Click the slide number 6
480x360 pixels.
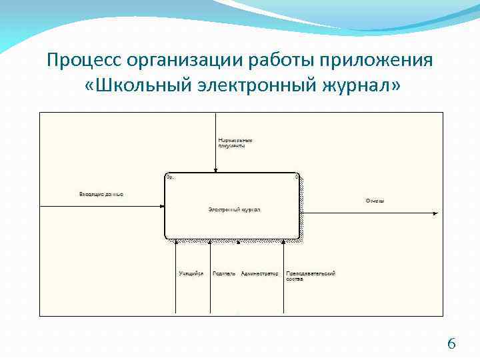pos(451,344)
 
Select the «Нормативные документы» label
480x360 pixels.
pos(235,143)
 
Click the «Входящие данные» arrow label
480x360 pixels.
pos(101,194)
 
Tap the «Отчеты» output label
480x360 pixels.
pos(375,201)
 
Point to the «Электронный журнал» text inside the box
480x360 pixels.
pos(234,209)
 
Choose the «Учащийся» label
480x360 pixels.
pos(191,273)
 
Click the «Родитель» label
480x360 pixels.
pos(223,273)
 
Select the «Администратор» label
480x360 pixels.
pos(259,273)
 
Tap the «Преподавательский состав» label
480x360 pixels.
pos(310,276)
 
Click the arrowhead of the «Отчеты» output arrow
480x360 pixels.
pos(436,213)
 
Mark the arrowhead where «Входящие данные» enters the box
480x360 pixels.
pos(162,207)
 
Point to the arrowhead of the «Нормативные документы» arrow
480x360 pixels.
pos(215,170)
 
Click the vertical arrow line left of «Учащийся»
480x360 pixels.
pos(175,280)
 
